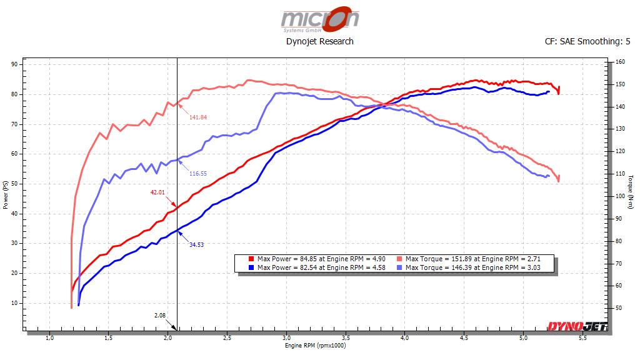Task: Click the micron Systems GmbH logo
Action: (x=319, y=19)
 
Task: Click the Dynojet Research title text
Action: (x=319, y=41)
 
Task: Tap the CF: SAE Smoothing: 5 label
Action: (x=587, y=42)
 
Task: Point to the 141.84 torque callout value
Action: (x=198, y=117)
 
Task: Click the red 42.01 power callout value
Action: (x=157, y=192)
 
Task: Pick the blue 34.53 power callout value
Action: (x=197, y=245)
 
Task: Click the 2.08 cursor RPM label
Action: (x=159, y=316)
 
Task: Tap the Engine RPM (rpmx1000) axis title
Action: (x=315, y=346)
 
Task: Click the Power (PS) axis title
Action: (x=6, y=196)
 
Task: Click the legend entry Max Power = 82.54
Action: (x=317, y=267)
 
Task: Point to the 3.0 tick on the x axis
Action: (x=286, y=338)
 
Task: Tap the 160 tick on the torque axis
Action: (x=620, y=62)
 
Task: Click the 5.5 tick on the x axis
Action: (x=582, y=338)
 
